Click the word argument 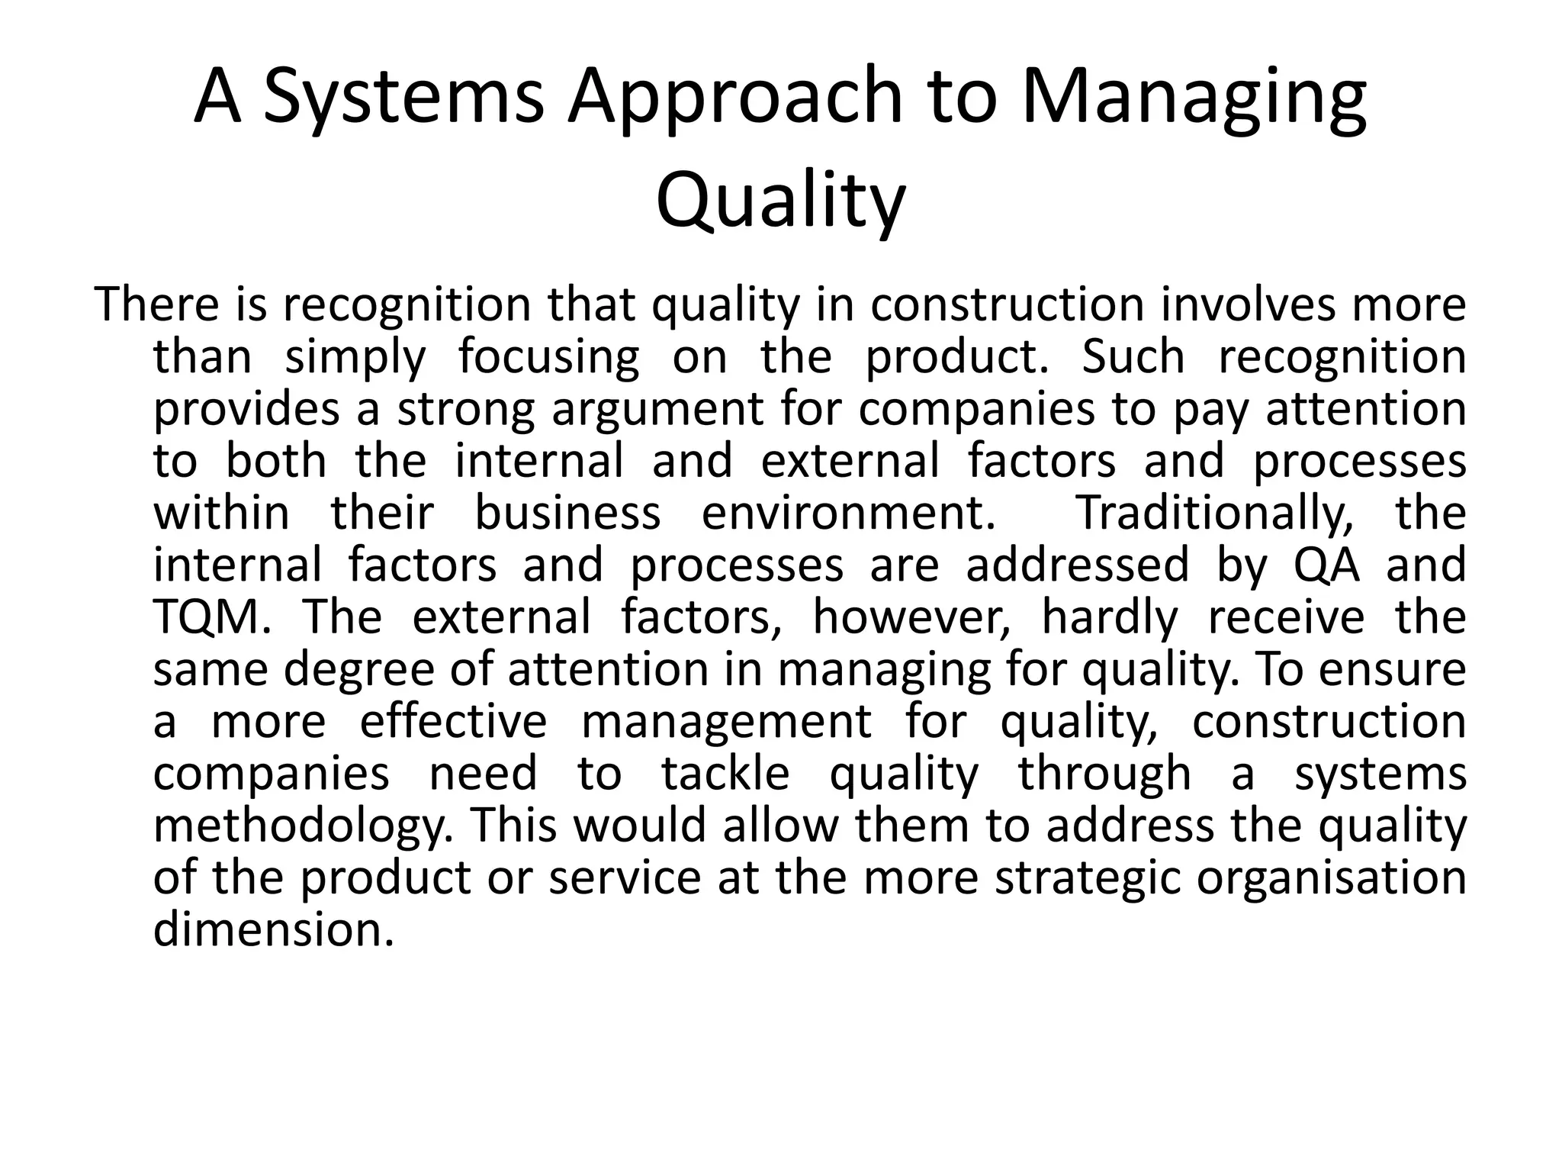(657, 410)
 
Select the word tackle (725, 773)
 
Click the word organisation (1332, 878)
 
